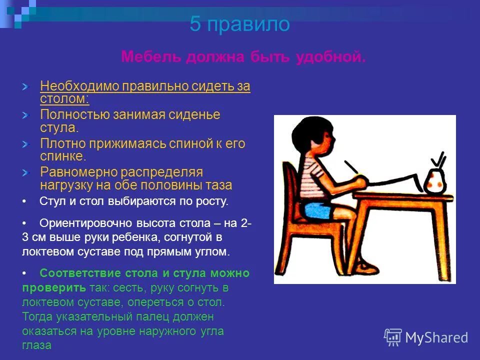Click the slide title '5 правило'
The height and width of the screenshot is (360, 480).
pos(239,24)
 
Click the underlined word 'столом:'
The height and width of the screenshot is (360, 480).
pos(64,98)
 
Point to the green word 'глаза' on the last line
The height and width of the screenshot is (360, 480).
pos(36,345)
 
